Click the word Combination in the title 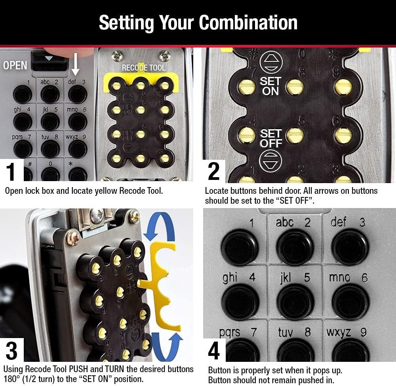(x=248, y=23)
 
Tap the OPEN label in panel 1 (x=15, y=65)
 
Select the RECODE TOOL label (x=143, y=68)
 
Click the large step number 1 (x=12, y=172)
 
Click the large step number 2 (x=214, y=172)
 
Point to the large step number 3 (x=12, y=350)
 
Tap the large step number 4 (x=214, y=350)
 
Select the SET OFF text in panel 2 (x=271, y=138)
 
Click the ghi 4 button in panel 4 (x=240, y=301)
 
